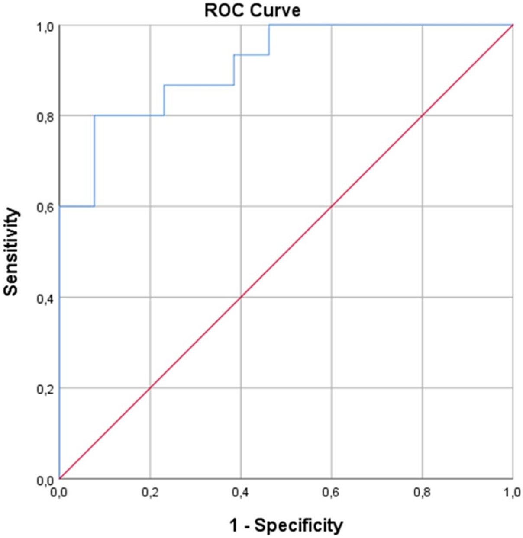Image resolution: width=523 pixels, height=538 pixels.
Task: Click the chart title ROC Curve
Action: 252,10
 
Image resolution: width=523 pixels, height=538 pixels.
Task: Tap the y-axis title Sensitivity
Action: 11,252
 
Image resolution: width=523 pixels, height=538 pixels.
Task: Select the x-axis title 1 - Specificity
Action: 286,525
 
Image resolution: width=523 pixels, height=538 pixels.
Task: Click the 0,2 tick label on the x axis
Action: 150,493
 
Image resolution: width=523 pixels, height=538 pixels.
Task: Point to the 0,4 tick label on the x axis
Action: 241,493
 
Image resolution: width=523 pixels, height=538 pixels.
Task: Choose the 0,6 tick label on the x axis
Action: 332,493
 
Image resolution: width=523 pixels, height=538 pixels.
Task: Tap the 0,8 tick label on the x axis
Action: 422,493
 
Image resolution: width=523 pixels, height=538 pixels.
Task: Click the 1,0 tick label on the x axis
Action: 513,493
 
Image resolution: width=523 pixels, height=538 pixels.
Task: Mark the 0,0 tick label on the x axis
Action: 59,493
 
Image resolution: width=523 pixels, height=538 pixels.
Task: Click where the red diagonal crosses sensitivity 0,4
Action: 241,298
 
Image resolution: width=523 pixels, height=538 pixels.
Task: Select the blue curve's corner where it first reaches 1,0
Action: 269,25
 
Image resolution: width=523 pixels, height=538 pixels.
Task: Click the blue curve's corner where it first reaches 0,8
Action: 94,116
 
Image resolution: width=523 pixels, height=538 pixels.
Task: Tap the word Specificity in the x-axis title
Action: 298,525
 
